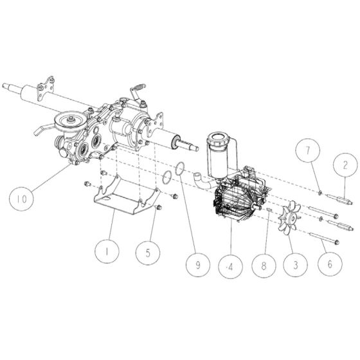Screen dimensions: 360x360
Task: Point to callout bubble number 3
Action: [296, 264]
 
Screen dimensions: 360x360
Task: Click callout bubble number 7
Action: [307, 154]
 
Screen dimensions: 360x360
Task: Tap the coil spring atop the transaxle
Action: [139, 87]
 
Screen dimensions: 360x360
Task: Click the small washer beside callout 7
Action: [319, 192]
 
